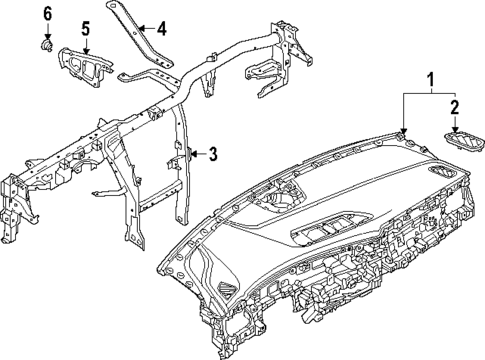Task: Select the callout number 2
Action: tap(454, 107)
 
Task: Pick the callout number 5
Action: tap(85, 29)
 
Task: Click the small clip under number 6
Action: tap(46, 45)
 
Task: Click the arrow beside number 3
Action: tap(198, 153)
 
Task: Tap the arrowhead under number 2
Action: tap(454, 129)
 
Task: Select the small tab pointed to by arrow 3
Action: tap(186, 153)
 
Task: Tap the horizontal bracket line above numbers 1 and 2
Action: tap(429, 91)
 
